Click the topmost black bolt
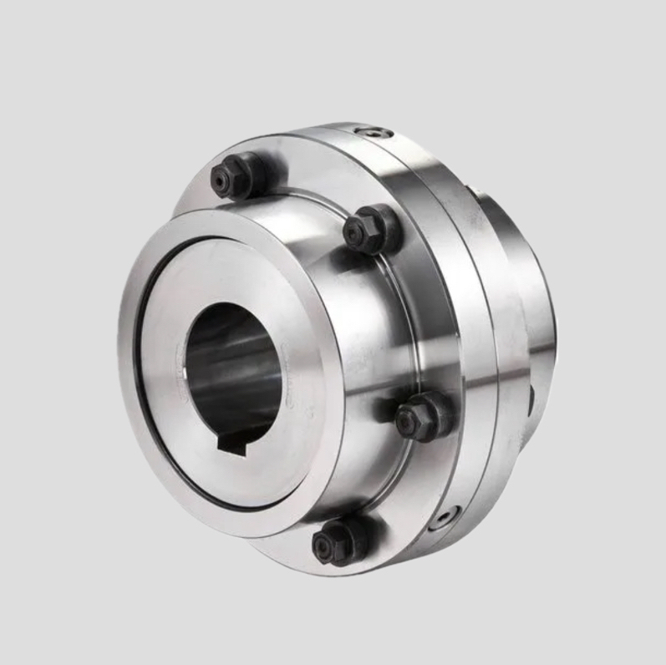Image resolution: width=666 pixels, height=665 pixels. pos(234,178)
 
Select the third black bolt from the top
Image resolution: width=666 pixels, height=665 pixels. pos(420,416)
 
